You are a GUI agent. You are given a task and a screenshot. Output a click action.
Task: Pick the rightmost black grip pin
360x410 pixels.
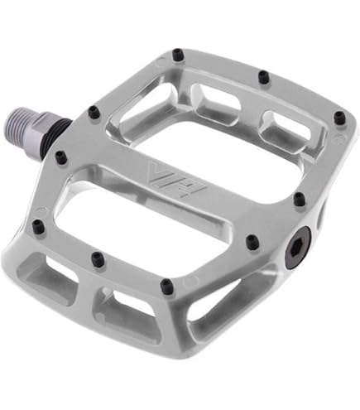[x=338, y=119]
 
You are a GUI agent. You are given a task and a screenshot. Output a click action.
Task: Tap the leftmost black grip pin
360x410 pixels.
[x=37, y=225]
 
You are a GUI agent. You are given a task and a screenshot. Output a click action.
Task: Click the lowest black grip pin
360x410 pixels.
[x=167, y=287]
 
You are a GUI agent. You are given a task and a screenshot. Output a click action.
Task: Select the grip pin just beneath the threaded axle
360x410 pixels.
[x=60, y=156]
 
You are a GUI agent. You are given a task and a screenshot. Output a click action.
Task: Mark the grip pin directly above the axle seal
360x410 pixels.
[x=94, y=111]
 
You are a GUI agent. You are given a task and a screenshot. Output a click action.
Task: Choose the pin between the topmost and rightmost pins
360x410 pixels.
[x=263, y=78]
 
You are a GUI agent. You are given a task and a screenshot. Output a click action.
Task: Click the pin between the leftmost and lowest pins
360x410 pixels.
[x=98, y=259]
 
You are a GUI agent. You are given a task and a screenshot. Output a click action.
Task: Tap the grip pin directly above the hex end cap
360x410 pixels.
[x=300, y=199]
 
